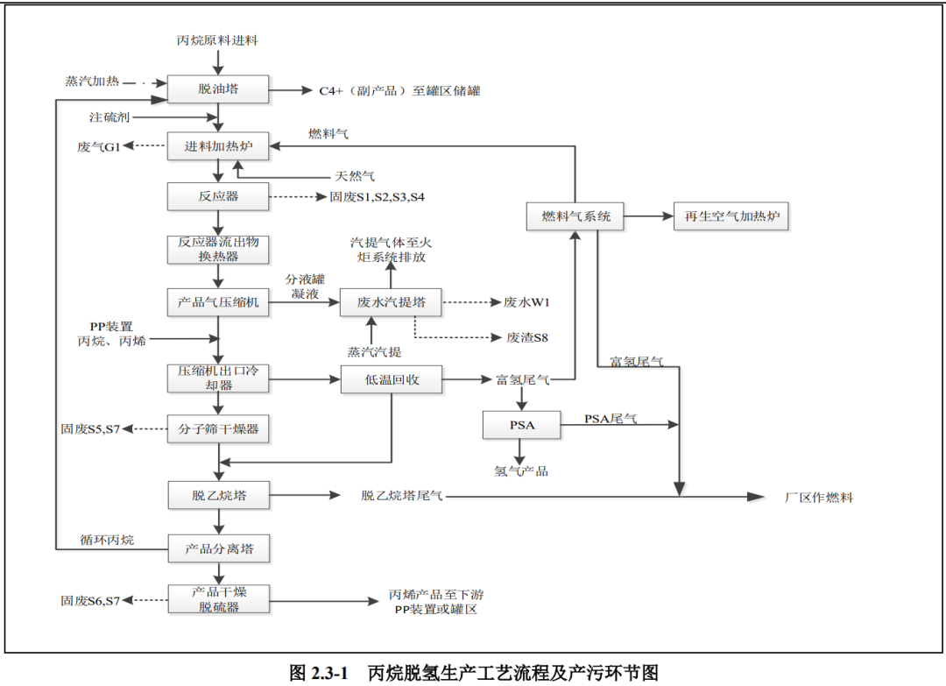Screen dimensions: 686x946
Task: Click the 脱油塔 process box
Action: point(217,89)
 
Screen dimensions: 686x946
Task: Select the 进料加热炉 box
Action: point(217,145)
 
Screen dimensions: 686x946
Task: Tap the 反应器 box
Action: point(217,196)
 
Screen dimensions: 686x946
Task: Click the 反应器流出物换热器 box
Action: point(217,249)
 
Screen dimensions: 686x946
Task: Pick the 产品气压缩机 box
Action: point(217,302)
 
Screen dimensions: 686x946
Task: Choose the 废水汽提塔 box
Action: point(391,302)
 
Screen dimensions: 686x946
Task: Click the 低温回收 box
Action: point(391,379)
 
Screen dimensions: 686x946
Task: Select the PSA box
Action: point(521,426)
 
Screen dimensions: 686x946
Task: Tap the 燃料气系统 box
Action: point(575,216)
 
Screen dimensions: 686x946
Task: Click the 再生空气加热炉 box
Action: point(731,216)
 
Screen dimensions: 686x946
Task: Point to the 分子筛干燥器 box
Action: point(217,429)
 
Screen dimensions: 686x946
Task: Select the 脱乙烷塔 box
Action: point(219,495)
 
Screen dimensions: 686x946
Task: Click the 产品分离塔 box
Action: point(219,549)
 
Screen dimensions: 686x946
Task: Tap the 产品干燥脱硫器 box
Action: point(219,599)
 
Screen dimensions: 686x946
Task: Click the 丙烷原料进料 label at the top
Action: point(217,40)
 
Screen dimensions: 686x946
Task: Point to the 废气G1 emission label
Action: point(98,146)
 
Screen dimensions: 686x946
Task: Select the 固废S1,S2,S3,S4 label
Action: point(378,197)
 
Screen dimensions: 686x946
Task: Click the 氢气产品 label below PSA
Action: point(521,471)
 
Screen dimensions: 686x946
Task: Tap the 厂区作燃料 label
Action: point(818,498)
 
